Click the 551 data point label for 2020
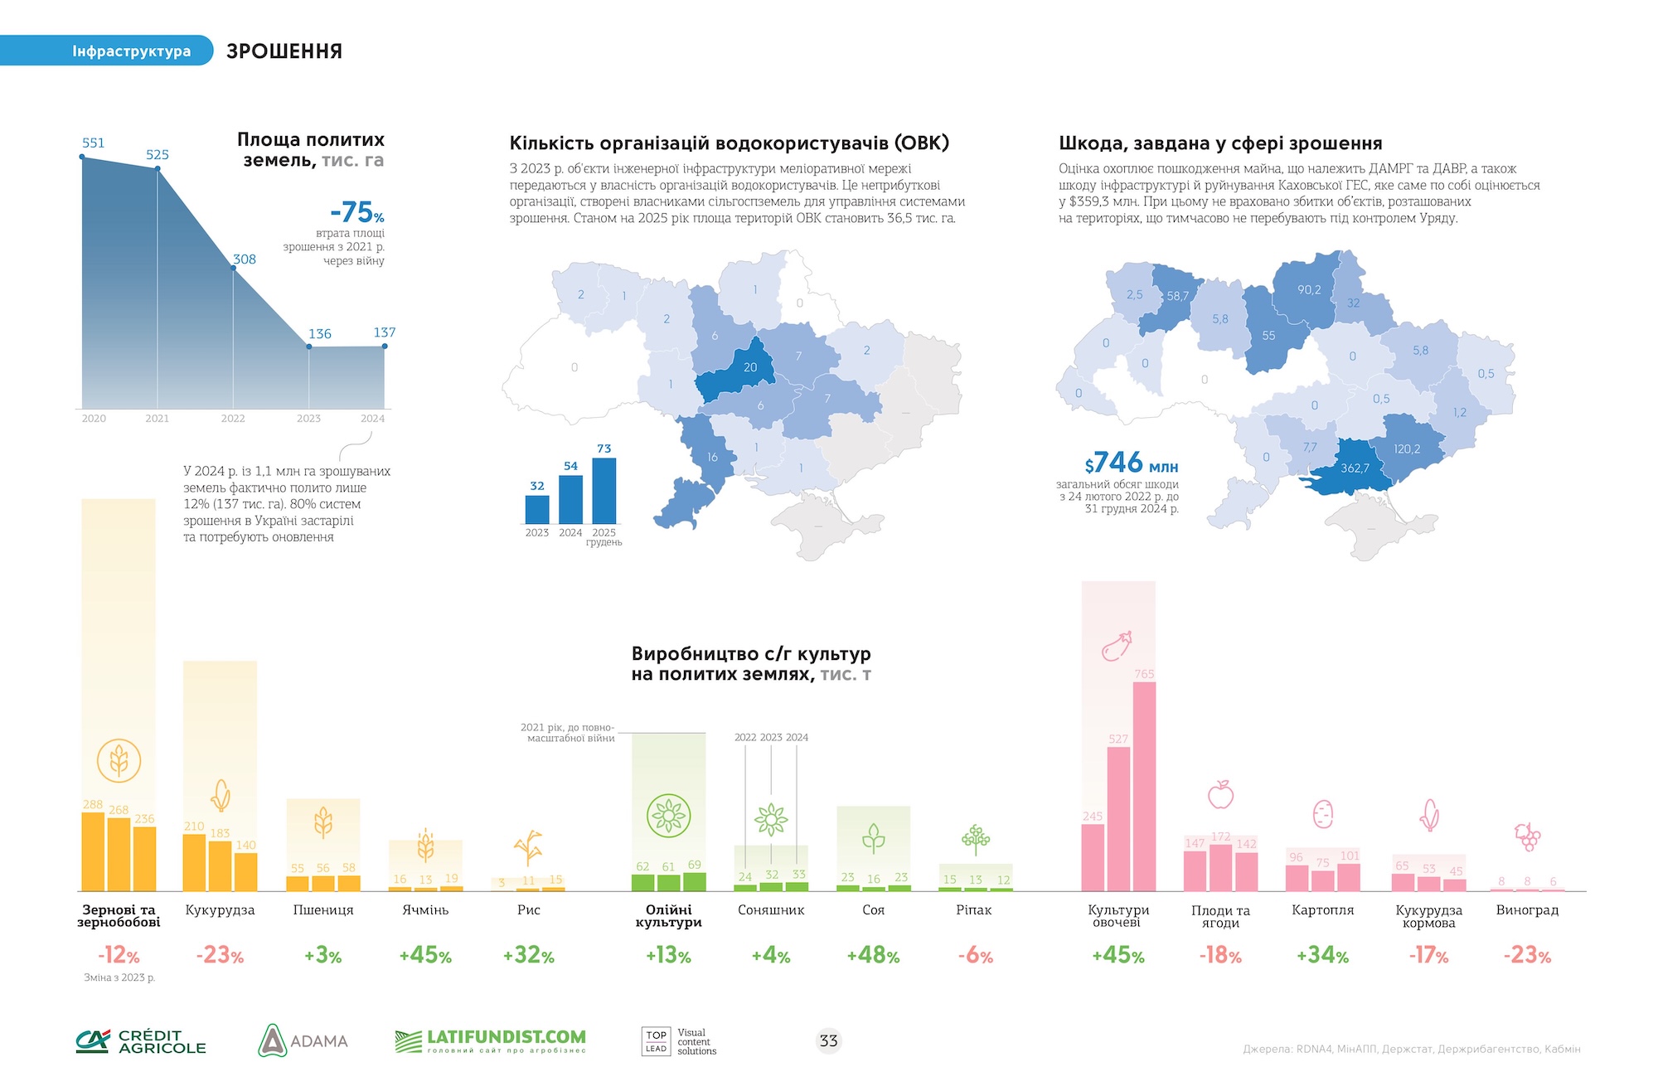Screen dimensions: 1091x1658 click(x=93, y=143)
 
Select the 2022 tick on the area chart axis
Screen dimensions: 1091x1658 click(x=233, y=419)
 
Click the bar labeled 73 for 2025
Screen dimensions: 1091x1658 click(x=604, y=490)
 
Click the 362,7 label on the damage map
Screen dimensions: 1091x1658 click(x=1355, y=468)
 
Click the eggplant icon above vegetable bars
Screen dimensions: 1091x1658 click(x=1117, y=646)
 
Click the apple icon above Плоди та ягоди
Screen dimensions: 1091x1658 click(x=1220, y=794)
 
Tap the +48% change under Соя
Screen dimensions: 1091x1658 click(x=873, y=956)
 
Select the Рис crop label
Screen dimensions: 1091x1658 click(x=528, y=910)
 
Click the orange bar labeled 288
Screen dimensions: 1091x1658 click(x=93, y=851)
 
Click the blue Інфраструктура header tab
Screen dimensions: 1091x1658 click(x=131, y=51)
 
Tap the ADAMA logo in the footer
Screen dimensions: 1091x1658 click(x=303, y=1040)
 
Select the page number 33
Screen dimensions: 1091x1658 click(x=828, y=1040)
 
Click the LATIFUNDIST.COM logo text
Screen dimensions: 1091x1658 click(x=506, y=1038)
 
